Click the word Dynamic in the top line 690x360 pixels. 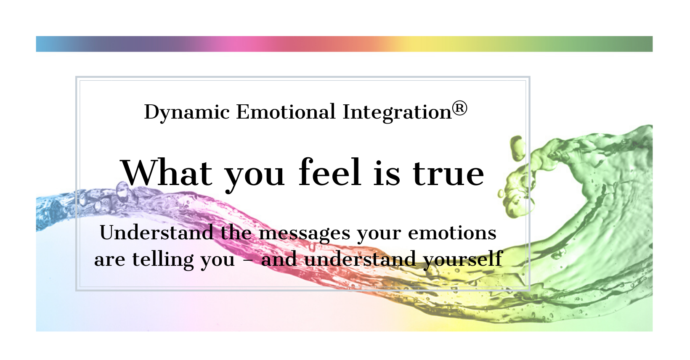point(187,112)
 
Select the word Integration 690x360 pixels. point(397,112)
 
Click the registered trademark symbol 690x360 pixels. point(459,109)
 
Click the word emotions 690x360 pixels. point(452,233)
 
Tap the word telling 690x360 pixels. point(163,259)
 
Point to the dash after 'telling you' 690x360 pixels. point(248,260)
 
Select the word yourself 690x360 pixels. point(463,259)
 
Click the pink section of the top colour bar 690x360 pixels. point(237,44)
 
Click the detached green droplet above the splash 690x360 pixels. point(517,148)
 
